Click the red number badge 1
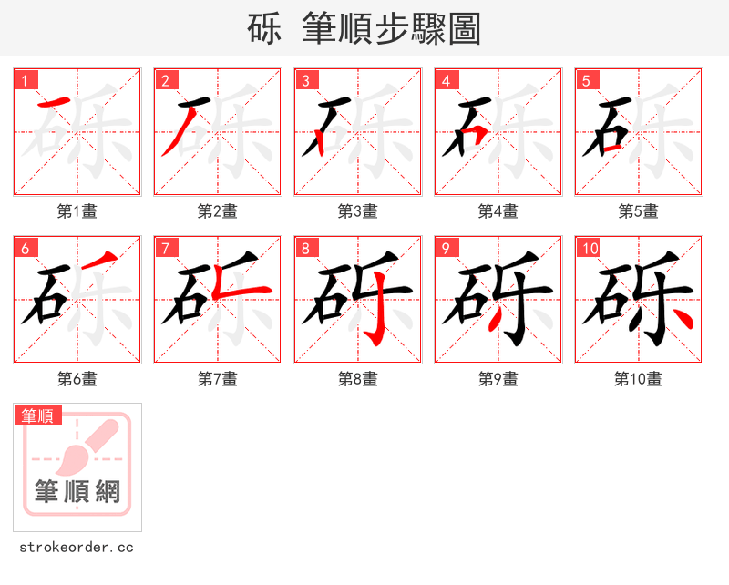(x=25, y=80)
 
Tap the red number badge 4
(x=446, y=80)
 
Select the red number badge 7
(x=165, y=248)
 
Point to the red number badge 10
(x=590, y=248)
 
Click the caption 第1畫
(x=77, y=211)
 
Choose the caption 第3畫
(x=358, y=211)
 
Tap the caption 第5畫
(x=639, y=211)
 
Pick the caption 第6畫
(x=77, y=379)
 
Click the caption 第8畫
(x=358, y=379)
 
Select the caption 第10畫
(x=639, y=379)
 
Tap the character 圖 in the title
(x=465, y=29)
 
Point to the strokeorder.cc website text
(x=77, y=548)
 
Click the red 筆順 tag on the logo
(x=39, y=416)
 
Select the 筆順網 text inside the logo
(x=77, y=492)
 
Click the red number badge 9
(x=446, y=248)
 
